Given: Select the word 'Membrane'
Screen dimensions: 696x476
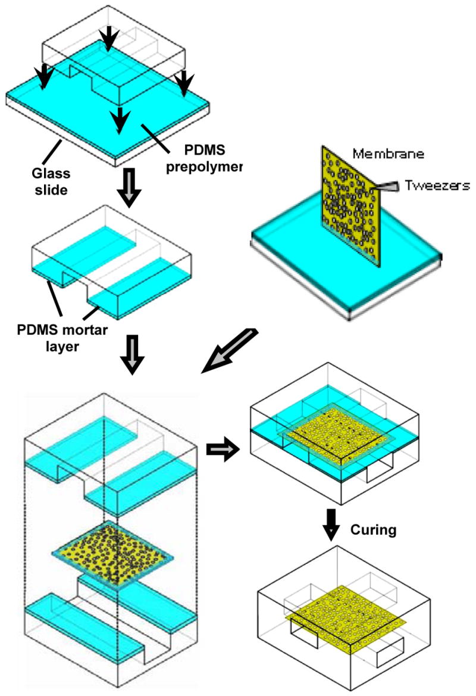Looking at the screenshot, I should point(387,154).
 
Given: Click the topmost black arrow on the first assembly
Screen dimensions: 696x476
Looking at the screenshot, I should point(108,39).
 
